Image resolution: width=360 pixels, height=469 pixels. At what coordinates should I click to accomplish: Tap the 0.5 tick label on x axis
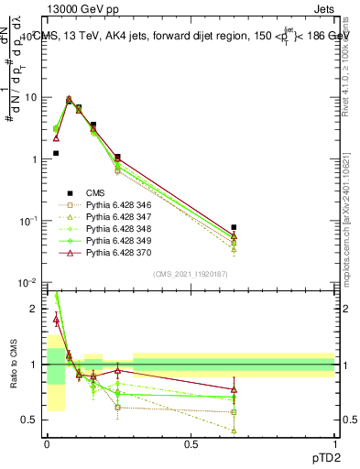coord(191,444)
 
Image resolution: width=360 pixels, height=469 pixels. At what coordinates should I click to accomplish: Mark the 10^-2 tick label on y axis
coord(29,283)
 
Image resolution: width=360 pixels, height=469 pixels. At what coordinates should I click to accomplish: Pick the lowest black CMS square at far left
coord(56,154)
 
